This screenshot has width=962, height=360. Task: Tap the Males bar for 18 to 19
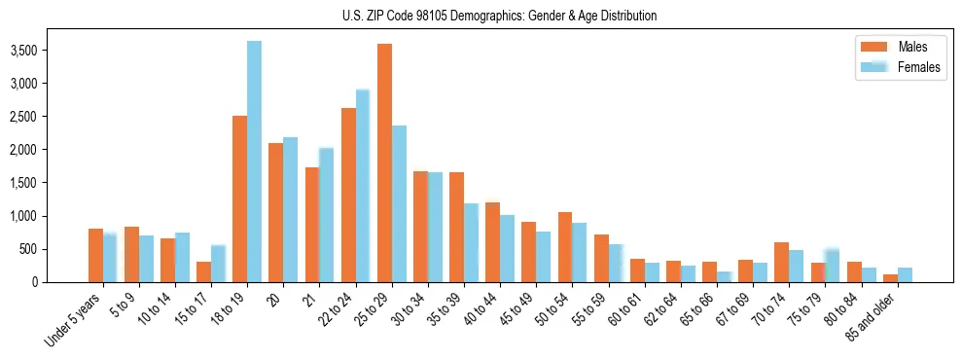pyautogui.click(x=239, y=199)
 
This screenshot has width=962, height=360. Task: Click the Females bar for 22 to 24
pyautogui.click(x=363, y=186)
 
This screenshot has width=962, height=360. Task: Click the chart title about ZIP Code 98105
pyautogui.click(x=499, y=16)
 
